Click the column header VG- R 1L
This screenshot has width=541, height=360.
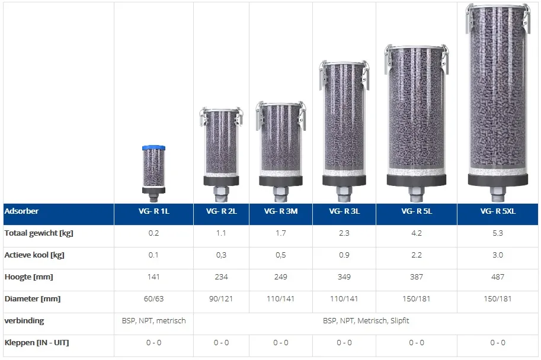click(154, 211)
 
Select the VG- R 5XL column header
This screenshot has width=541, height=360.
click(498, 211)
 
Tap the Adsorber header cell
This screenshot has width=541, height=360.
click(21, 211)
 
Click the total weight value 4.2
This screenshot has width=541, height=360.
click(417, 233)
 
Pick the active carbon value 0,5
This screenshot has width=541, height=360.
click(280, 255)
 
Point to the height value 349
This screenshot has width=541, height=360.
click(344, 277)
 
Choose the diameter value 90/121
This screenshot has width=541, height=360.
click(221, 298)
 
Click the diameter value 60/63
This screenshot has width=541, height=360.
click(153, 298)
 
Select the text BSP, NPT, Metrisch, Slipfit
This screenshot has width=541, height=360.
click(366, 321)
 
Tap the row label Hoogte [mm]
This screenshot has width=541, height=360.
click(28, 277)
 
